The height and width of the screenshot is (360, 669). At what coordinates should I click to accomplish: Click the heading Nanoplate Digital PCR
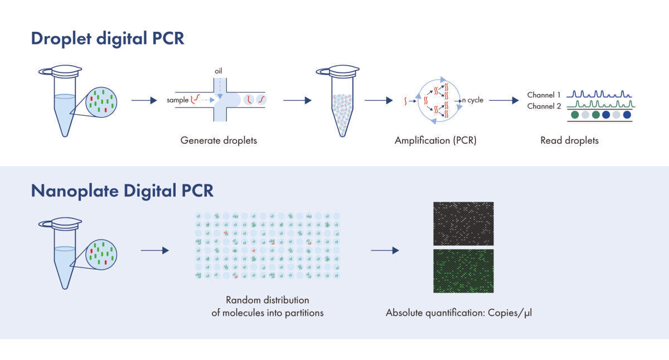coord(122,190)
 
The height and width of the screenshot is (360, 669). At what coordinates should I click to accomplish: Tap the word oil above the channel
coord(218,71)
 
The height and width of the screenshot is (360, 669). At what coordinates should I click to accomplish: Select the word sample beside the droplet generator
coord(177,100)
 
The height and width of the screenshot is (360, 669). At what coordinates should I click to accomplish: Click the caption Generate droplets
coord(219,140)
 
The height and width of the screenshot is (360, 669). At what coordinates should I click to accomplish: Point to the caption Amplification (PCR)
coord(435,140)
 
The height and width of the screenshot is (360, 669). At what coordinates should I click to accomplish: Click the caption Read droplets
coord(569,140)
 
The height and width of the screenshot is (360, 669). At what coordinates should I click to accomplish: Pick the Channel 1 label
coord(544,95)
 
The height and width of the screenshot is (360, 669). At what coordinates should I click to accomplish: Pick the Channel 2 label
coord(544,106)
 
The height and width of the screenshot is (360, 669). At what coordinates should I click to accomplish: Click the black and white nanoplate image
coord(463,223)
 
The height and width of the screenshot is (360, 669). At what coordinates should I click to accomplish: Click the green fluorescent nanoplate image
coord(463,270)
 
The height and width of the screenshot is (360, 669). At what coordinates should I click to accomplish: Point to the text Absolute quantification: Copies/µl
coord(459,313)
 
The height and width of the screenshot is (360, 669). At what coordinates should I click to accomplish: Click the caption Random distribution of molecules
coord(268,307)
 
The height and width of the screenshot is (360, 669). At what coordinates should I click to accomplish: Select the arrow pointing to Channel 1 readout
coord(500,101)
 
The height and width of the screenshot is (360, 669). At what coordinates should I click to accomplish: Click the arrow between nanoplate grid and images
coord(385,251)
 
